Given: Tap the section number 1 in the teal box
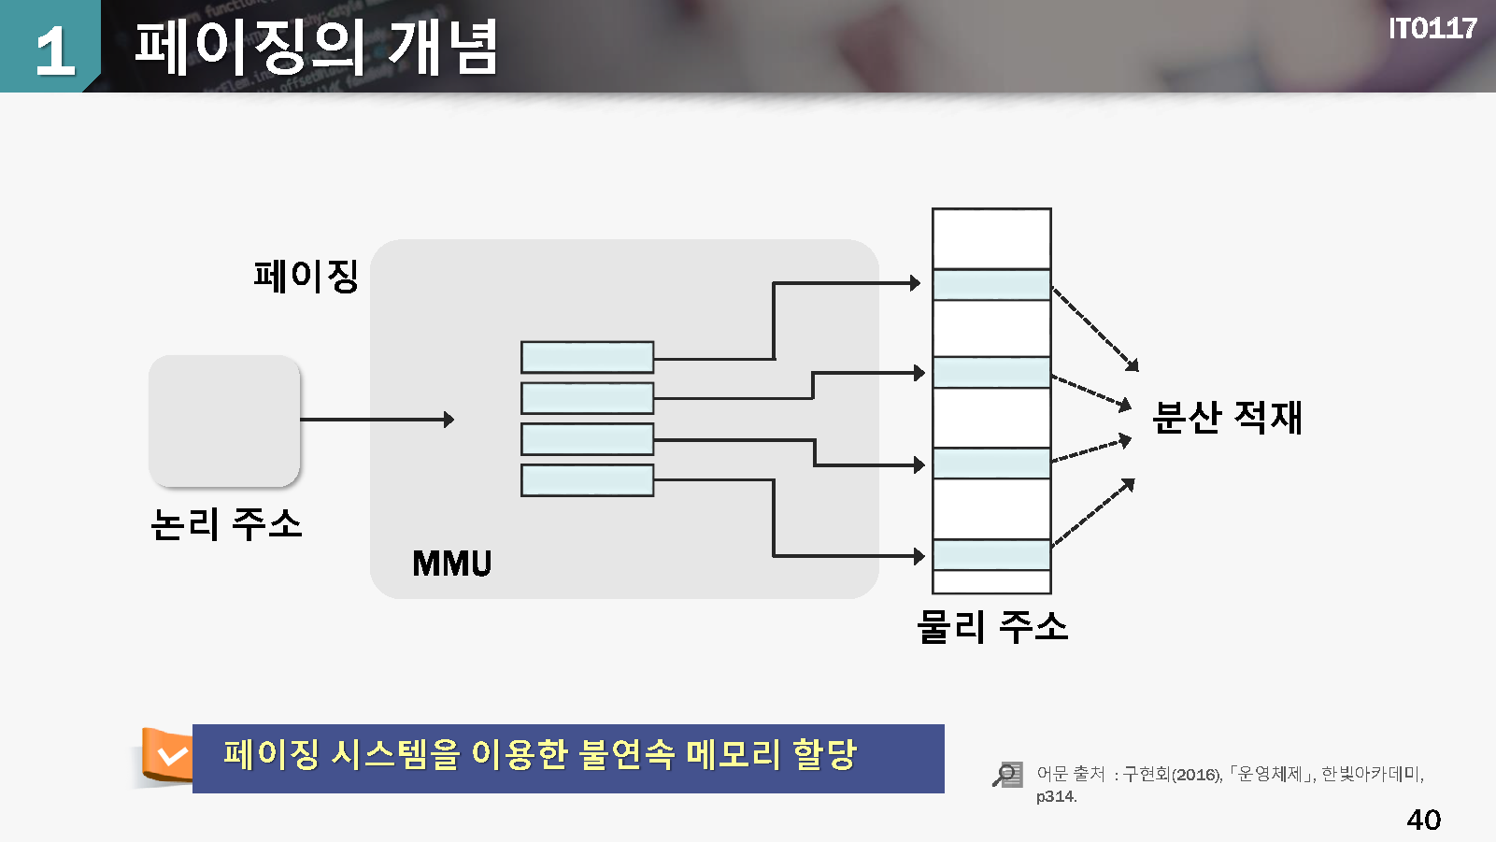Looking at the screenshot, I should (54, 50).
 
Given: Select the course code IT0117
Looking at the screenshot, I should (1432, 29).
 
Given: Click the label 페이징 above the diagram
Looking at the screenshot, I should (306, 276).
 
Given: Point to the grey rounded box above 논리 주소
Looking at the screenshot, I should (224, 421).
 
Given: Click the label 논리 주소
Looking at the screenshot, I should (226, 524).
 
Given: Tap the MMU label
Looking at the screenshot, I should (452, 564).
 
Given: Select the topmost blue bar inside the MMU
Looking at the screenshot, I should (587, 357).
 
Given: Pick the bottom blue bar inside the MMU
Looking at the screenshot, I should (587, 480).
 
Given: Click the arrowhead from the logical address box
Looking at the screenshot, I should (449, 420).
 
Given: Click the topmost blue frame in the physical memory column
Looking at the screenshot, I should (991, 285).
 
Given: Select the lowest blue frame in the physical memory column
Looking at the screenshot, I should (991, 554).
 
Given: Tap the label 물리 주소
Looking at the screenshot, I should (992, 626).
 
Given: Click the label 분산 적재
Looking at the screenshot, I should (1227, 417).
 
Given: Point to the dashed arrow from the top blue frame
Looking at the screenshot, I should (1095, 328).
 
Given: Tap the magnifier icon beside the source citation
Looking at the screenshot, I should (1007, 775).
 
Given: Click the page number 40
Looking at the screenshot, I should (1423, 820).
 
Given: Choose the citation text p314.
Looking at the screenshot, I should (1056, 797).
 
